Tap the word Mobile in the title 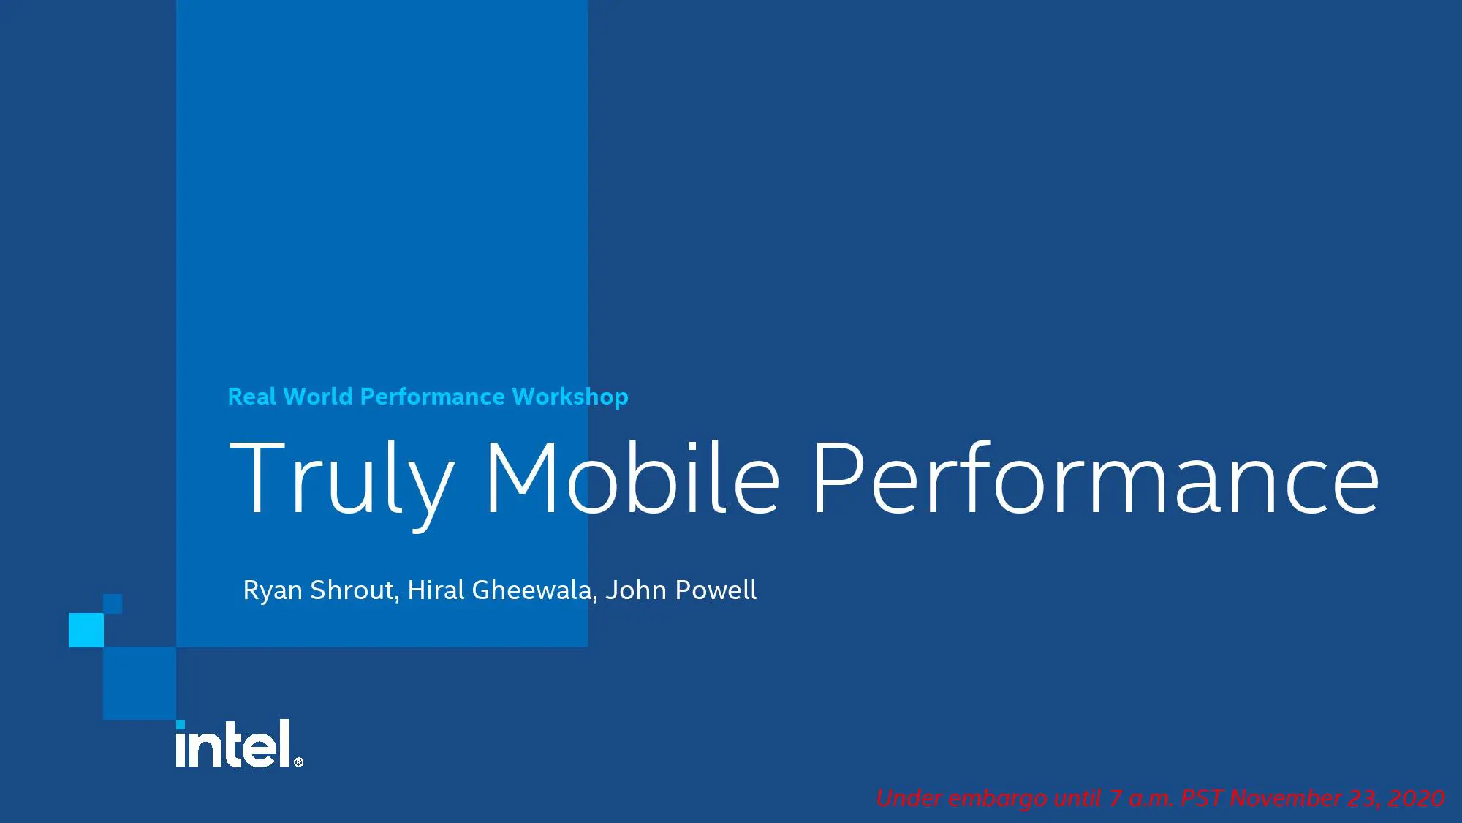point(632,477)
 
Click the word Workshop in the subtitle point(570,397)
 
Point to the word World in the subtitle point(318,397)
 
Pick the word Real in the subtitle point(252,397)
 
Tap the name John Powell point(681,590)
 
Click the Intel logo point(239,743)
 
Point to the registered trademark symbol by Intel point(298,762)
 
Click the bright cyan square point(86,630)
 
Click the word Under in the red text point(909,798)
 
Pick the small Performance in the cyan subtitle point(433,397)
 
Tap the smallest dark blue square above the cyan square point(113,604)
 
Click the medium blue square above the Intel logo point(140,683)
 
